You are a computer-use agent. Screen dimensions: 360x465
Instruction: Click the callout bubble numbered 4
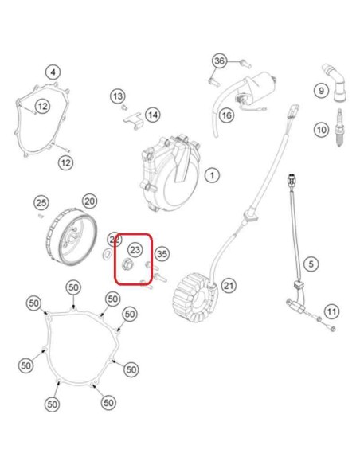click(x=53, y=72)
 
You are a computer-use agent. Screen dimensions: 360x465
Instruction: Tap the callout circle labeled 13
click(x=118, y=96)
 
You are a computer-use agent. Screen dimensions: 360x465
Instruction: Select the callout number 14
click(x=153, y=115)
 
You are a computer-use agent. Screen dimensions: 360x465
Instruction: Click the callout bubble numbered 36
click(x=220, y=61)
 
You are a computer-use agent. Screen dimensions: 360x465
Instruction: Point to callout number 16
click(x=226, y=115)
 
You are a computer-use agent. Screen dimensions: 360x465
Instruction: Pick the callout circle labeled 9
click(x=322, y=90)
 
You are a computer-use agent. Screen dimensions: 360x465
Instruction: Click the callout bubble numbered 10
click(x=322, y=130)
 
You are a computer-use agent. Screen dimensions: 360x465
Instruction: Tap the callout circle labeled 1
click(x=212, y=175)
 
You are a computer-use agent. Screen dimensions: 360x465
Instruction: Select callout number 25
click(x=41, y=203)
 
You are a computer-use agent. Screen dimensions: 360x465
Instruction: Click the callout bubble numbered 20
click(x=89, y=201)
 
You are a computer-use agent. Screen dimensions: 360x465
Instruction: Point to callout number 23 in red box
click(x=135, y=250)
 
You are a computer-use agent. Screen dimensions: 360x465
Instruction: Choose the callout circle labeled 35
click(x=162, y=254)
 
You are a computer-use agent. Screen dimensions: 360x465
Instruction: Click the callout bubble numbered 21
click(x=229, y=286)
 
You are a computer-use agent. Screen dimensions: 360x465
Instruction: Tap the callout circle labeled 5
click(x=311, y=264)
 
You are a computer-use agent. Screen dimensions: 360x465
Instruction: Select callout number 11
click(x=331, y=311)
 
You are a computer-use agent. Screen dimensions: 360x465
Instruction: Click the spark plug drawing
click(x=340, y=127)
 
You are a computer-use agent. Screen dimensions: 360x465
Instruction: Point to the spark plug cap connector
click(x=335, y=83)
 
